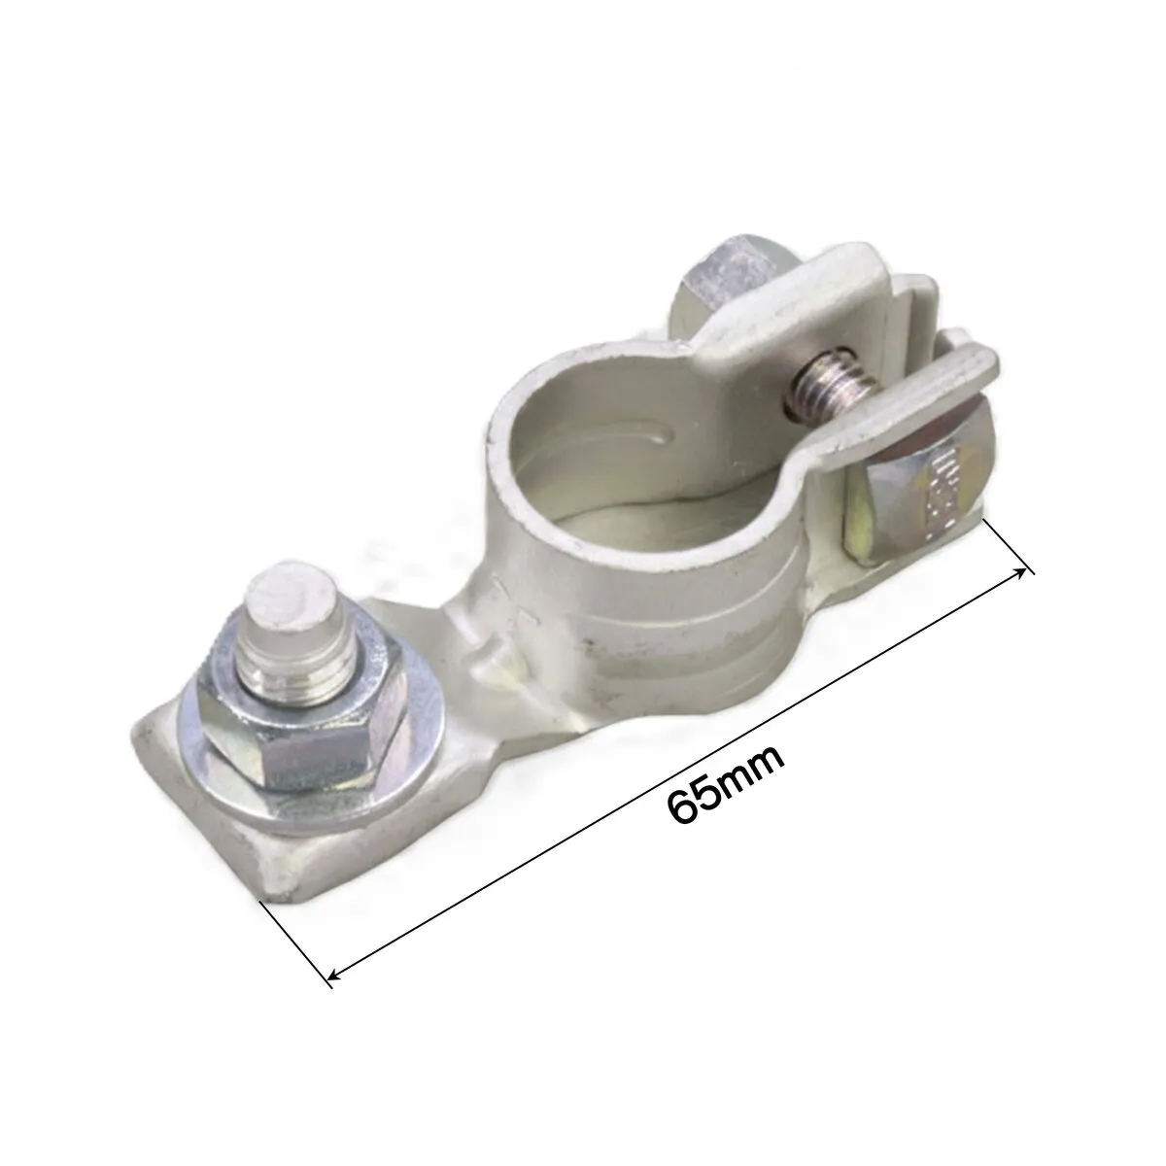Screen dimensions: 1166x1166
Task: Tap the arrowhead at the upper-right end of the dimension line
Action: pyautogui.click(x=1020, y=573)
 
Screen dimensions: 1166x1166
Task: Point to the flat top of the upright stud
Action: pyautogui.click(x=291, y=596)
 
